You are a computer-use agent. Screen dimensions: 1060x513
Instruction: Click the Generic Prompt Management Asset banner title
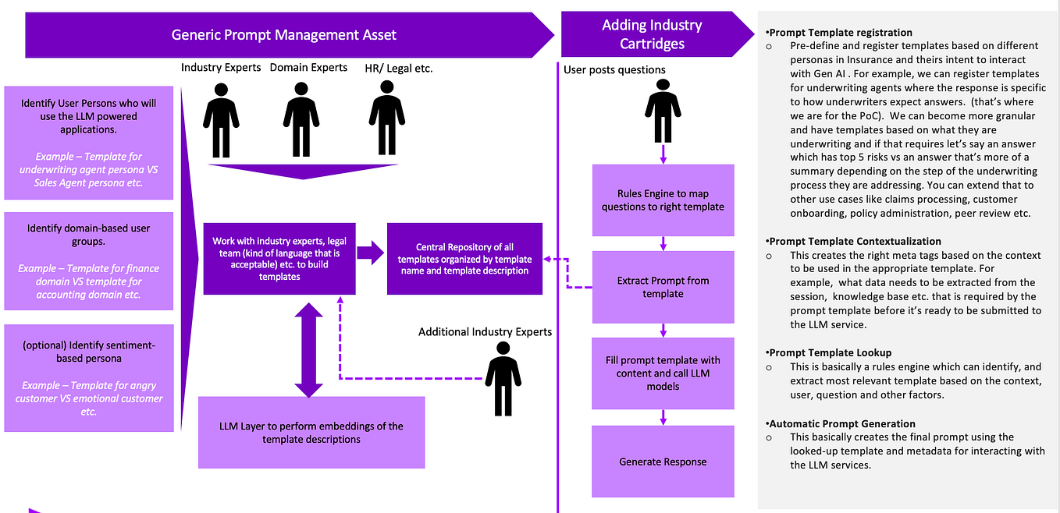(x=283, y=35)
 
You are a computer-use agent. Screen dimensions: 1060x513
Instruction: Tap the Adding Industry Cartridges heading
(x=652, y=34)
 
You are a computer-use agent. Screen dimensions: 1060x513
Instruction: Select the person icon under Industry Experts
(x=221, y=120)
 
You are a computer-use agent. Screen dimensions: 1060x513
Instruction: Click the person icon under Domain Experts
(x=301, y=119)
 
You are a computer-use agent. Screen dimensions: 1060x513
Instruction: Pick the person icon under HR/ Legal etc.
(x=386, y=118)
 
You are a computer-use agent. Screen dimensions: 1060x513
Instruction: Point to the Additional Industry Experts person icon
(x=503, y=379)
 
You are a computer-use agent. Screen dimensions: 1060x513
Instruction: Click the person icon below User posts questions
(x=663, y=111)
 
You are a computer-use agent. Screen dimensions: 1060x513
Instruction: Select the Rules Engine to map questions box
(x=663, y=200)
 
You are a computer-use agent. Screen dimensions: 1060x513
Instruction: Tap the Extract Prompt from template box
(x=663, y=287)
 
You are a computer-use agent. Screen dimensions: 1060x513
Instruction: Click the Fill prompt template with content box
(x=663, y=373)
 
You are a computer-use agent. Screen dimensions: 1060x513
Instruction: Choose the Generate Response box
(x=663, y=462)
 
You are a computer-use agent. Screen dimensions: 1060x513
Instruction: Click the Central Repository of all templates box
(x=464, y=259)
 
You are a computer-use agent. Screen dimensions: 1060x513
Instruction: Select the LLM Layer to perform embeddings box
(x=311, y=433)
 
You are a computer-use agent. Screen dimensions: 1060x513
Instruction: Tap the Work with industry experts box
(x=279, y=259)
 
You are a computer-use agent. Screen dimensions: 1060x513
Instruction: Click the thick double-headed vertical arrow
(x=308, y=350)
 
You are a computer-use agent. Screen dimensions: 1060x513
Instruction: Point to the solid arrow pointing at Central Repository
(x=371, y=253)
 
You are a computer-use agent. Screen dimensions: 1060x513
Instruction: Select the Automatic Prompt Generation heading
(x=841, y=423)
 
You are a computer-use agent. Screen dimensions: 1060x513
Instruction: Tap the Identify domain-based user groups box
(x=89, y=261)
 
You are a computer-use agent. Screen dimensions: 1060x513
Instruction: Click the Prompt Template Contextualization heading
(x=853, y=241)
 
